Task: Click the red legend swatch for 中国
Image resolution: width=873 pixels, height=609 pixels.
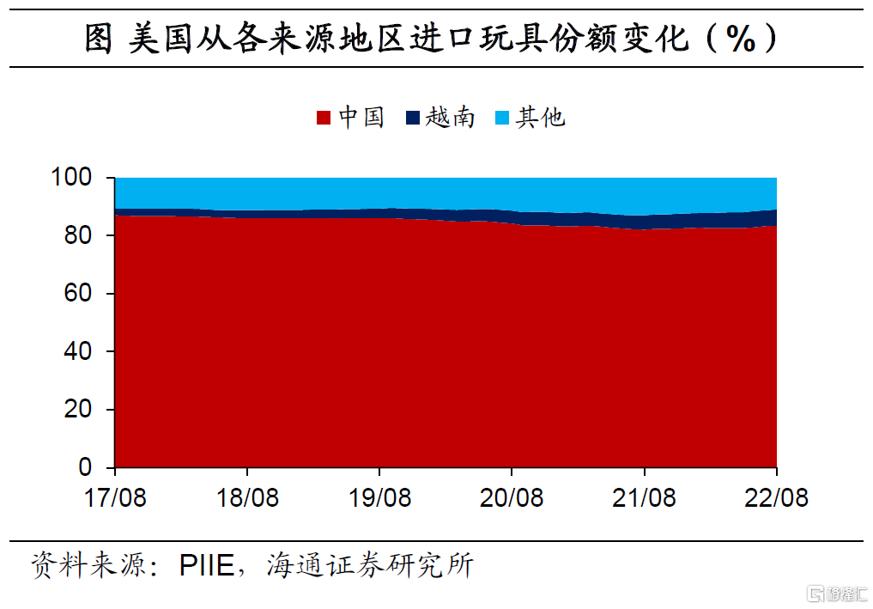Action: pos(324,118)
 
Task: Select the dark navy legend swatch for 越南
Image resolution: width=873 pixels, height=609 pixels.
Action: pos(413,118)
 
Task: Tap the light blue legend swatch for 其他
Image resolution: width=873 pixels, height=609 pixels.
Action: pos(502,118)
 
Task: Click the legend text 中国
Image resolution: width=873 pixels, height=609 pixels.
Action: pos(361,118)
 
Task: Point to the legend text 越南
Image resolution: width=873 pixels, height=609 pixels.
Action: pos(450,118)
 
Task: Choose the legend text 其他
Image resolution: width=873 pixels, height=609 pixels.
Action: pos(540,118)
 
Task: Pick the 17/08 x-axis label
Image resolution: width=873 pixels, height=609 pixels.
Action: pos(115,497)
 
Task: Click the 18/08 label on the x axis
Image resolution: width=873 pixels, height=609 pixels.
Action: pos(247,497)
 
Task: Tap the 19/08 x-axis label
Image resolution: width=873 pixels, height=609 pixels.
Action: pos(379,497)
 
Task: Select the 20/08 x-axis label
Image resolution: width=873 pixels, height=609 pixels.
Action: pos(512,497)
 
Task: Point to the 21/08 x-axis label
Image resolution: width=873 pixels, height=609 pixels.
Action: pos(644,497)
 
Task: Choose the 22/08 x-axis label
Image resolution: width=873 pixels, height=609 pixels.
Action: pos(776,497)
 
